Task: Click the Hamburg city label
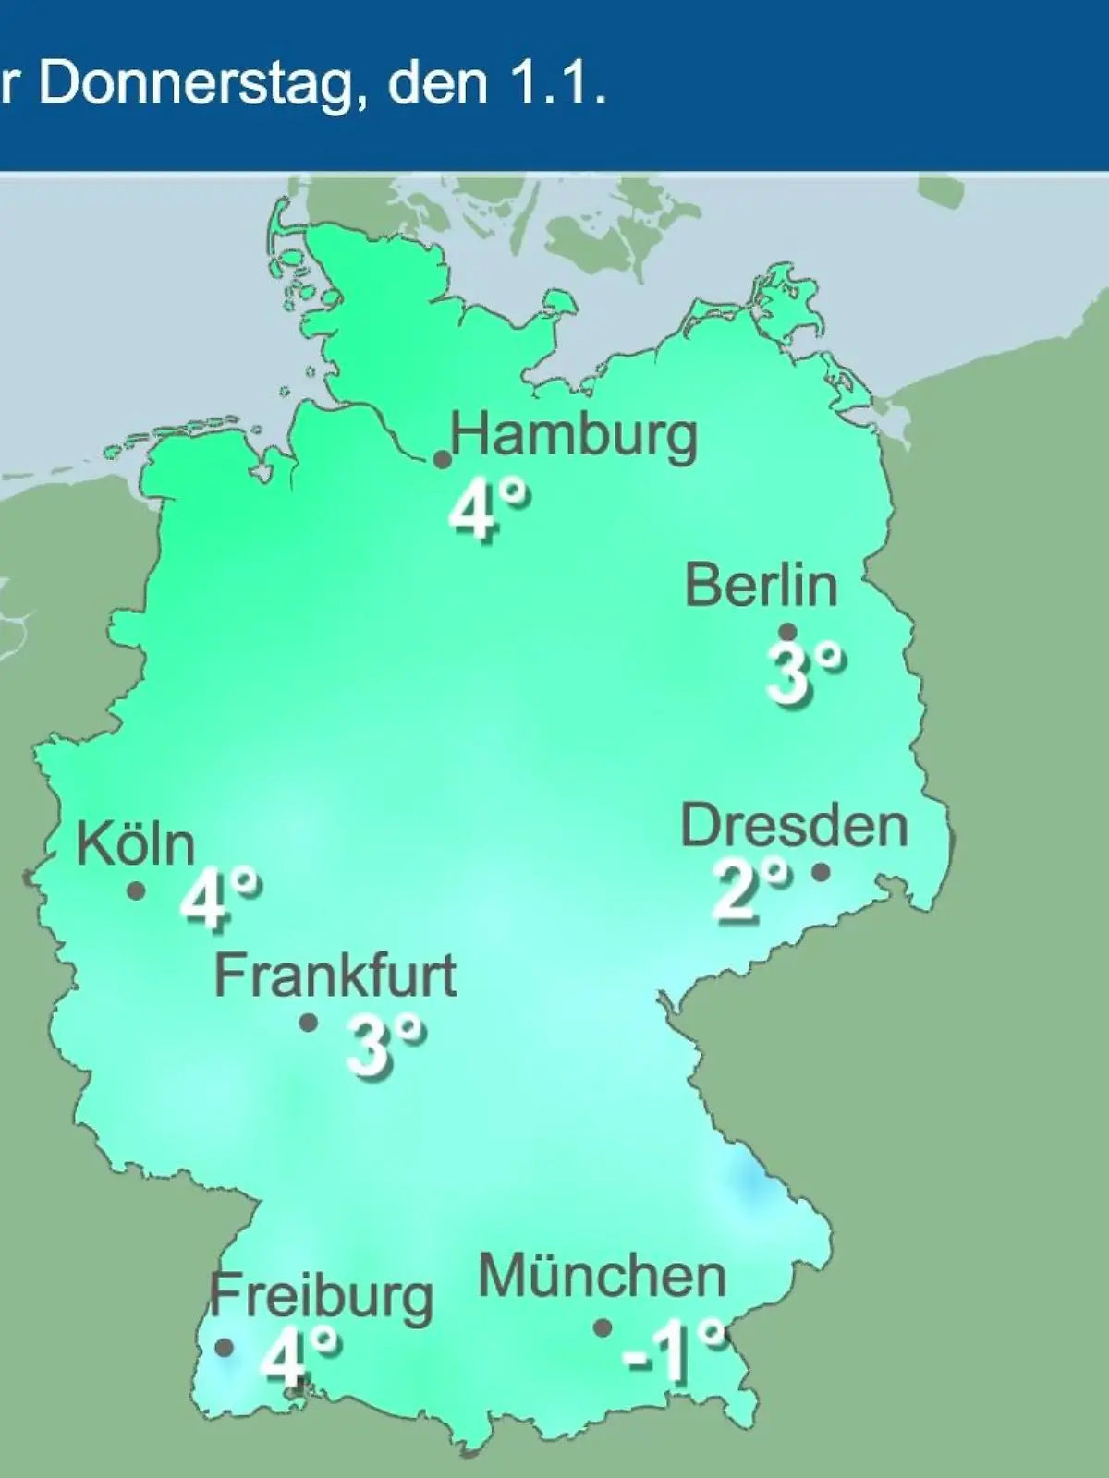[x=573, y=436]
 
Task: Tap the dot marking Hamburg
[x=443, y=459]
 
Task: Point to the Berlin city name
[x=761, y=585]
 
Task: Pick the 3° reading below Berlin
[x=804, y=674]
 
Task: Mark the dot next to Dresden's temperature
[x=821, y=871]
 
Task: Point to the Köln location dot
[x=136, y=890]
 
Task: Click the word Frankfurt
[x=335, y=975]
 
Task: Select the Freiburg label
[x=321, y=1296]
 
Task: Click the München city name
[x=602, y=1277]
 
